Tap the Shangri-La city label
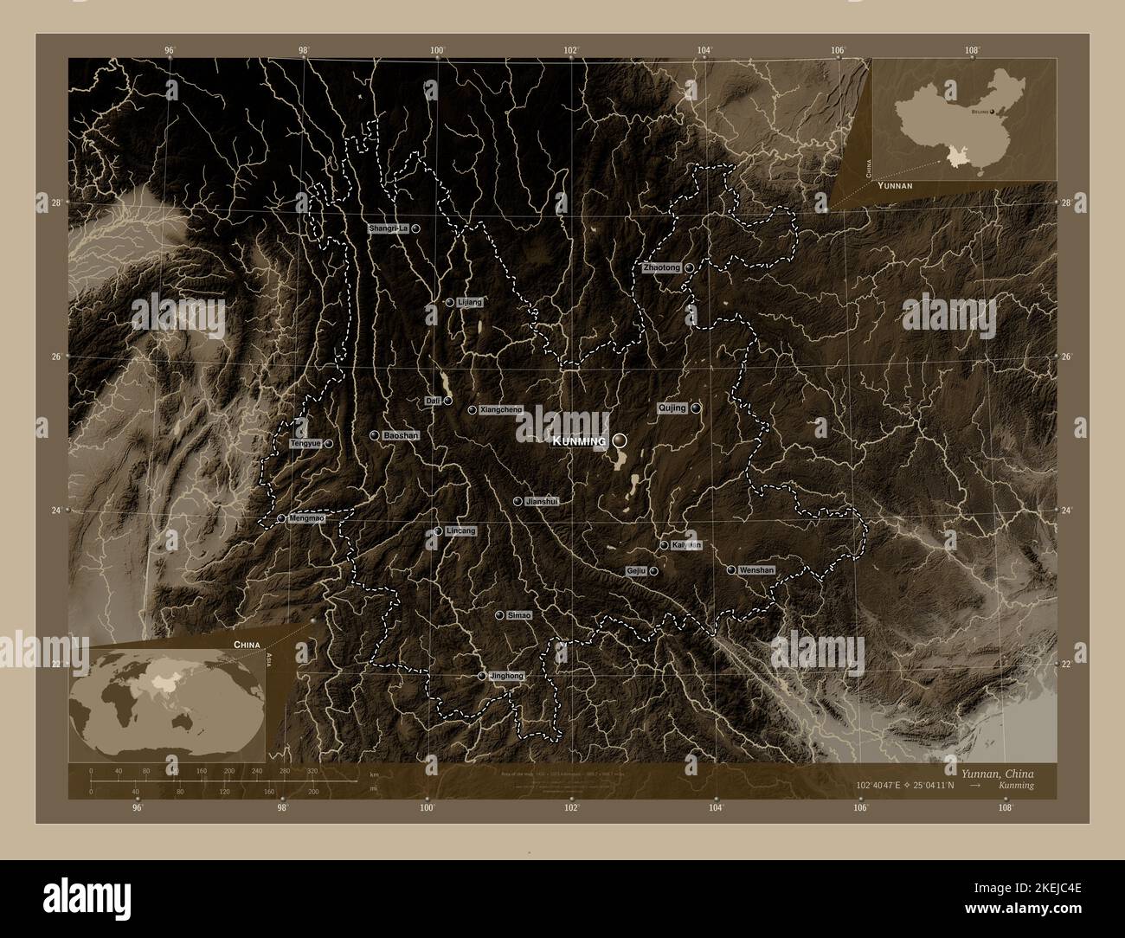tap(388, 228)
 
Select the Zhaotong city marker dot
tap(689, 268)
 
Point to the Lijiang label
tap(468, 302)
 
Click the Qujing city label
tap(672, 408)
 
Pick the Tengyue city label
tap(305, 444)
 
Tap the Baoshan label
tap(401, 436)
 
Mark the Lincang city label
tap(460, 530)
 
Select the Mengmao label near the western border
tap(307, 518)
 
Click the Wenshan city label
tap(756, 570)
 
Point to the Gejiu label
tap(637, 571)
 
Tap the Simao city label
tap(519, 614)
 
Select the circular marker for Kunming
tap(620, 441)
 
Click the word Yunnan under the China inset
tap(895, 186)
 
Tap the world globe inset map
tap(168, 699)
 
